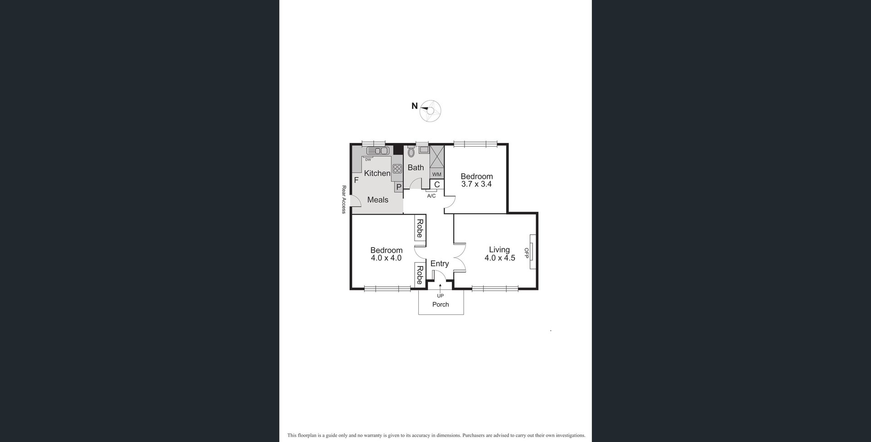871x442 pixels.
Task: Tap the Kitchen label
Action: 377,173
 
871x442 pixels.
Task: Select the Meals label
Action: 377,200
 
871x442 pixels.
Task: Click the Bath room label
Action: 416,167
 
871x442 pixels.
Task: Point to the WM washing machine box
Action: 436,174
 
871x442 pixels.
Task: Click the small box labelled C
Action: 437,185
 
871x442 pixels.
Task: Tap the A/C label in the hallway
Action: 431,196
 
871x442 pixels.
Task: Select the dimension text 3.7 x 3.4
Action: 476,184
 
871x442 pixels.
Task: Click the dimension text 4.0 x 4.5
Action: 499,258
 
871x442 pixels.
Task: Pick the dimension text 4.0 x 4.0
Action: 386,258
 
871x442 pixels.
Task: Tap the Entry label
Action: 439,264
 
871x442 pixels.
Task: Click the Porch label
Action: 440,304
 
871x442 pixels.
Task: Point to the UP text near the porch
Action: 440,296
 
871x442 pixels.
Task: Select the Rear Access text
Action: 344,199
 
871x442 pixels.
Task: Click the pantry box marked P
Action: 399,187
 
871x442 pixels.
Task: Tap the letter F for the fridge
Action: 356,180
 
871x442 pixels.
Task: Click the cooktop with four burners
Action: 397,169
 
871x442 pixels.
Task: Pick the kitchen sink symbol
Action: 377,151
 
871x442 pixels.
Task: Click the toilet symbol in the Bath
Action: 411,152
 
